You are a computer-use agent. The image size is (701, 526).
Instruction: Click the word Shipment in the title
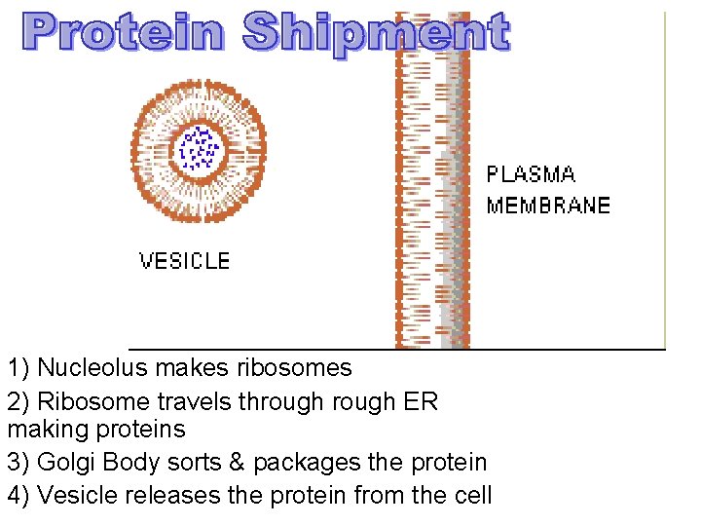pos(376,34)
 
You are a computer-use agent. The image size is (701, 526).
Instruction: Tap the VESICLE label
pos(184,261)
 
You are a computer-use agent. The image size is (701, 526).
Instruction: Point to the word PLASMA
pos(531,175)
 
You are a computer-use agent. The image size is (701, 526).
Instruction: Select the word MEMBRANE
pos(548,206)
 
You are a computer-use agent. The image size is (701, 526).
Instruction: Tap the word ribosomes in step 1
pos(294,368)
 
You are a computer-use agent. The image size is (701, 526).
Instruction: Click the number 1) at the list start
pos(18,368)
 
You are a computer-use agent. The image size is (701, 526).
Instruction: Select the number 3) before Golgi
pos(18,462)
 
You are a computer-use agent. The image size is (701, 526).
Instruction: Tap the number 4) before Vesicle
pos(18,495)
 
